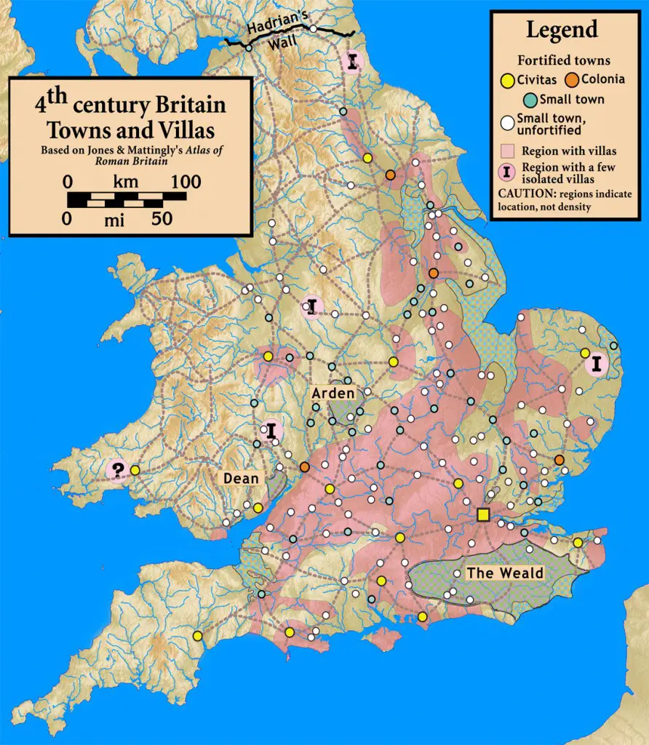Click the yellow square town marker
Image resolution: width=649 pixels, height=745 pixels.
482,515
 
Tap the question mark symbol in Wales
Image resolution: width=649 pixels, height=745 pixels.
116,470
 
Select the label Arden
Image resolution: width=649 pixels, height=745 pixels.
333,394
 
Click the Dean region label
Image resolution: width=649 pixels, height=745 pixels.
241,478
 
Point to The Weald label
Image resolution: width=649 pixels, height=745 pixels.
505,573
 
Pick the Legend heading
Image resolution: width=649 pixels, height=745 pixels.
562,30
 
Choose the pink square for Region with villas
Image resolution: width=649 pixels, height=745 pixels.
508,151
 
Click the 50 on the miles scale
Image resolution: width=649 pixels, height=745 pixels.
162,218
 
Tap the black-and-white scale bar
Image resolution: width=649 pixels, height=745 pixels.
127,199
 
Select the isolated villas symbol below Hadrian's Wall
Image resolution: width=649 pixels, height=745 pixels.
353,63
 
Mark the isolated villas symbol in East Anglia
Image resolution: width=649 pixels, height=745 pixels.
597,363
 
